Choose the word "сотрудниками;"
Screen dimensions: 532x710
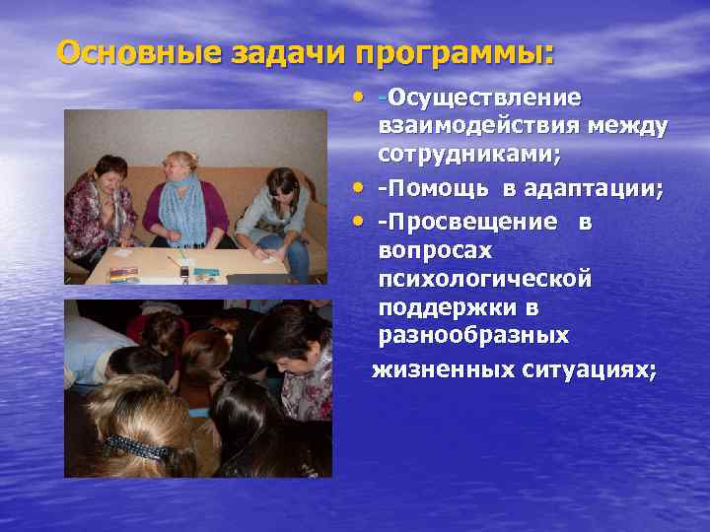469,155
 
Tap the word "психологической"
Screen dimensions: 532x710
486,280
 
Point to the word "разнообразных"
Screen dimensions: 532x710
474,337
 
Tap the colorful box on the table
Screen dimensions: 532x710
124,274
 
